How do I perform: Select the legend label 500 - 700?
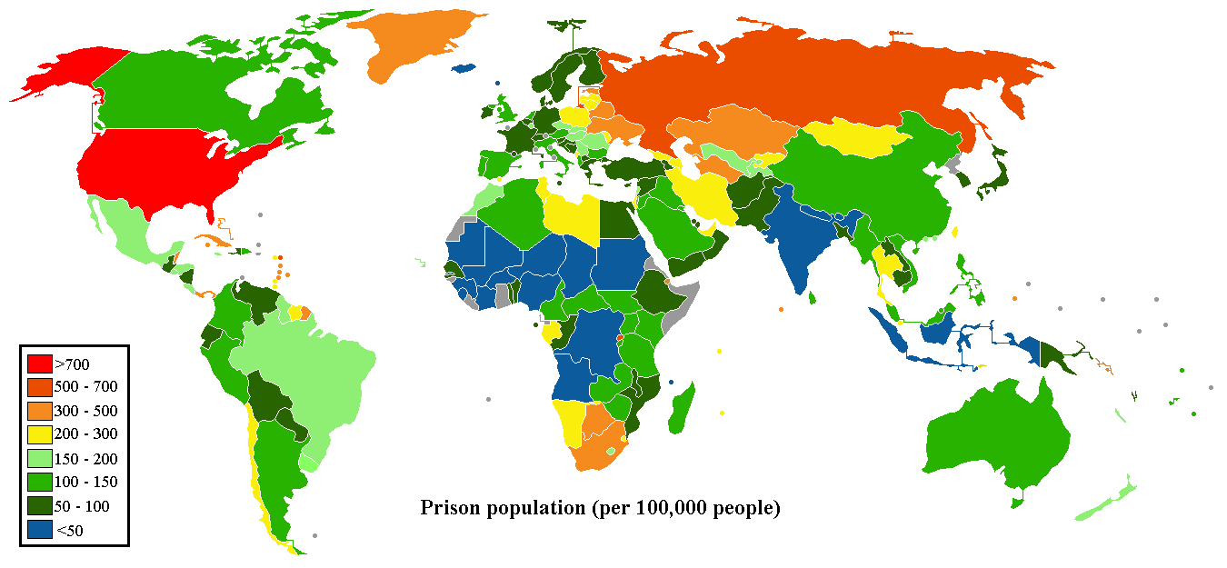[86, 387]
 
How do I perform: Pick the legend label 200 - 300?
[86, 434]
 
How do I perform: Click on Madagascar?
[682, 409]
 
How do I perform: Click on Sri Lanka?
[812, 296]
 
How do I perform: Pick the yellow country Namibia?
[571, 423]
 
